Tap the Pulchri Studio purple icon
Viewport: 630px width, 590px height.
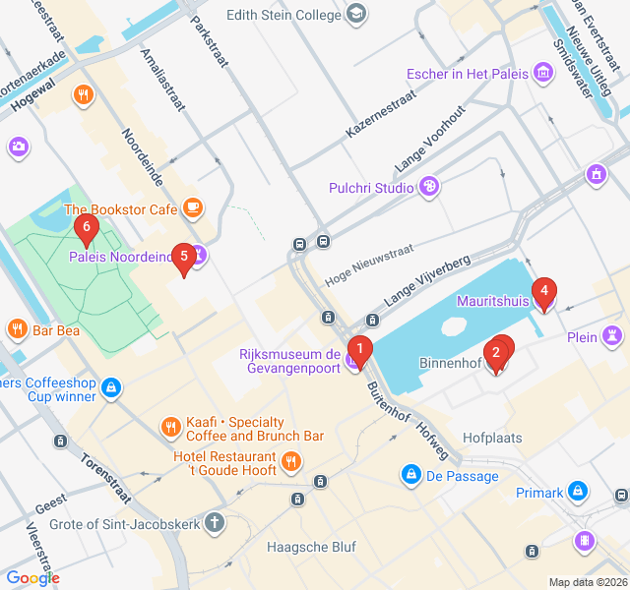tap(428, 187)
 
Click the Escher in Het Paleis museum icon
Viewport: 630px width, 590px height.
tap(542, 73)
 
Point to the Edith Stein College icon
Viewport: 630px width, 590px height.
tap(356, 15)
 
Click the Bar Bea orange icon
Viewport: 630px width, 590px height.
tap(17, 329)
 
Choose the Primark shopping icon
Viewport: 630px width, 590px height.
tap(578, 492)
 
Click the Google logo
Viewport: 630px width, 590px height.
tap(33, 578)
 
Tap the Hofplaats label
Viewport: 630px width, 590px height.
tap(492, 438)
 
